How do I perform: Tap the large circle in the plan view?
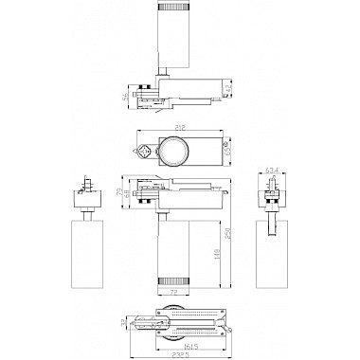coord(173,153)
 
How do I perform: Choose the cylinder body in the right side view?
coord(271,248)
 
